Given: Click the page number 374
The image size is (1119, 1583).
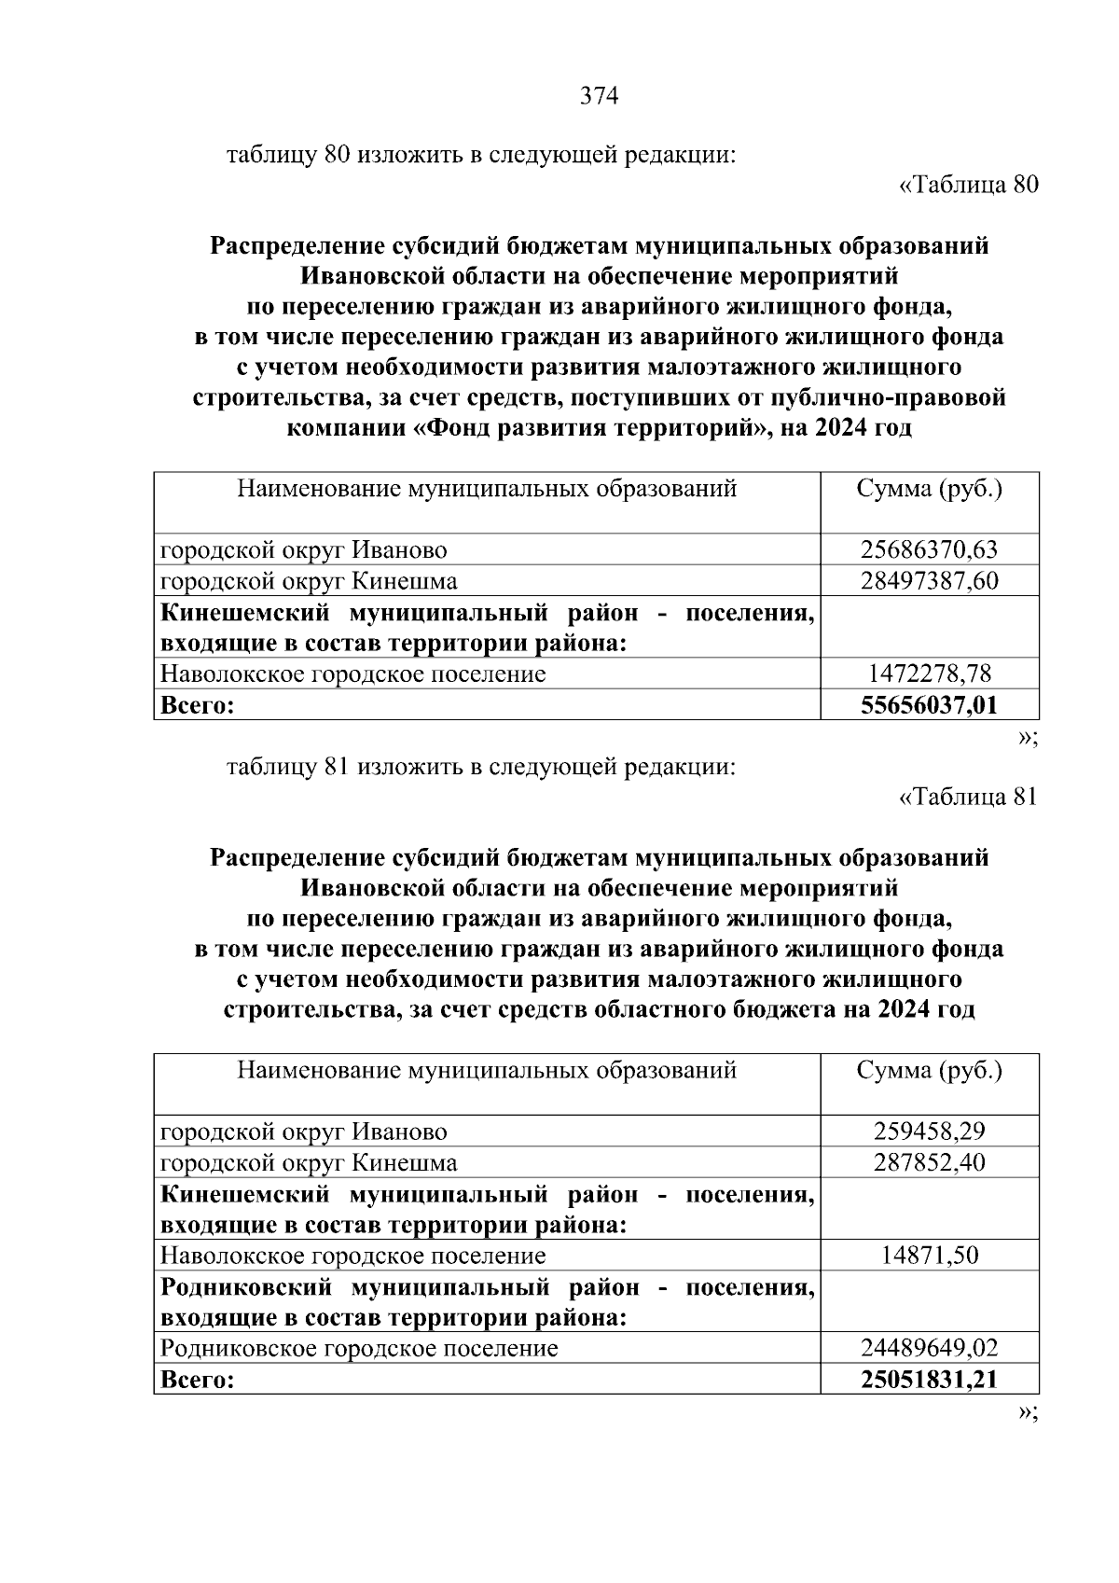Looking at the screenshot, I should tap(599, 96).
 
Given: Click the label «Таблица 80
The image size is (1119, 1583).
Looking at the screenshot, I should tap(967, 185).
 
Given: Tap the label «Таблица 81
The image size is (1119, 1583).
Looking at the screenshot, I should tap(967, 797).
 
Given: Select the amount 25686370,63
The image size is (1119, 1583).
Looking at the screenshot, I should tap(929, 550).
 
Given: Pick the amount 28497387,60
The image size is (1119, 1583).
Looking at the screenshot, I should tap(929, 581).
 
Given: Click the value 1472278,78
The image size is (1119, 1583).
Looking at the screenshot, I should tap(929, 673).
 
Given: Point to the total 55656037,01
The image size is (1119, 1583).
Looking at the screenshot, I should tap(929, 705).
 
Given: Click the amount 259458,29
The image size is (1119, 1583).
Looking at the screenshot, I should tap(929, 1132).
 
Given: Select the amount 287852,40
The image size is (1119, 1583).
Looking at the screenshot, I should tap(929, 1162).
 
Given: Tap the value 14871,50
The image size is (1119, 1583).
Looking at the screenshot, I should tap(929, 1256).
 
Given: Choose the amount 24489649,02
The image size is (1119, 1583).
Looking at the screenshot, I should tap(929, 1348).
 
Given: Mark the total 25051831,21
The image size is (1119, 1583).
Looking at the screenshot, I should tap(929, 1380).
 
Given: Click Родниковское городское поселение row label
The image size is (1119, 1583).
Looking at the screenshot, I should tap(359, 1348).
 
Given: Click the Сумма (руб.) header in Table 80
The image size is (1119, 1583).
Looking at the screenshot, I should tap(929, 489).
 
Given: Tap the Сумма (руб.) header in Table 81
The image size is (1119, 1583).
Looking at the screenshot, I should tap(929, 1070).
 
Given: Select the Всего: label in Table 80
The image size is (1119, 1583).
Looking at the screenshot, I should tap(197, 705).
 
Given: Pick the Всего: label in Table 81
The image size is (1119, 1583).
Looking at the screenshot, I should tap(197, 1380).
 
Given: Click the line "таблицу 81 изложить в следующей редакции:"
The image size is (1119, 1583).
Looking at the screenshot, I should tap(481, 767).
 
